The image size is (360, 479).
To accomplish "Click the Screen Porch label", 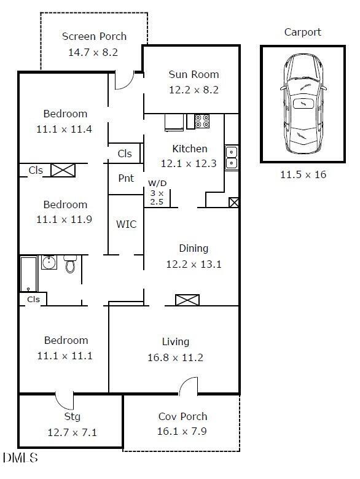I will pos(94,37).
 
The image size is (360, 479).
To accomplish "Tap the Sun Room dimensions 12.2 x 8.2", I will pos(194,90).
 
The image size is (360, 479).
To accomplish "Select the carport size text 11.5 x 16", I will pos(303,175).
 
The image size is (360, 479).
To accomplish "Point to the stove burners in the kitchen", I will pos(202,121).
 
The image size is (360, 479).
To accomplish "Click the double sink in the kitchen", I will pos(232,157).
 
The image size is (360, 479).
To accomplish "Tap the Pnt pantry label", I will pos(125,179).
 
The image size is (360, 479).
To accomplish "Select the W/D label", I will pos(157,184).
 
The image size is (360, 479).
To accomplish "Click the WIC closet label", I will pos(126,224).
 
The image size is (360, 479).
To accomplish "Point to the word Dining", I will pos(194,249).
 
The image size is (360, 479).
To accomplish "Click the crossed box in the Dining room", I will pos(187,300).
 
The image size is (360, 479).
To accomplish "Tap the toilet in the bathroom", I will pos(71,265).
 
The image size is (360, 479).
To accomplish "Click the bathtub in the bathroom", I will pos(28,274).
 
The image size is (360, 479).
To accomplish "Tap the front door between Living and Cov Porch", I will pos(189,387).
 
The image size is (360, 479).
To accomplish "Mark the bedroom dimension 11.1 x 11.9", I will pos(65,219).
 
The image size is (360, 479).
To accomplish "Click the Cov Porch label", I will pos(182,416).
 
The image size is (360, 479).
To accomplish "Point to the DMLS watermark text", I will pos(20,458).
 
